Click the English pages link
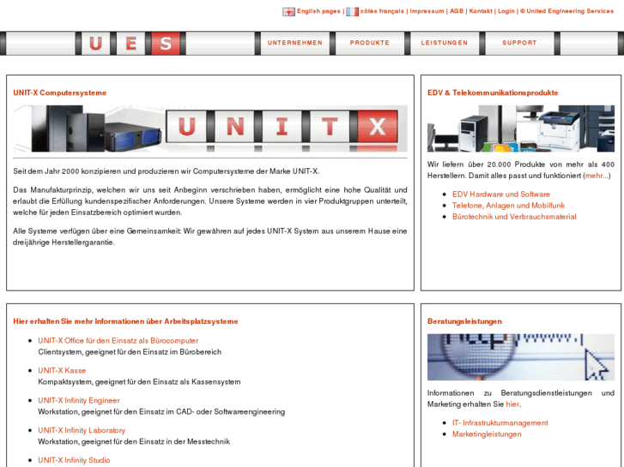coord(318,11)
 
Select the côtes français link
coord(382,11)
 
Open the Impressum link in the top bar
coord(427,11)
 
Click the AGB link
coord(456,11)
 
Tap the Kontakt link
coord(481,11)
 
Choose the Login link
coord(506,11)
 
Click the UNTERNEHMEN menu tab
coord(294,43)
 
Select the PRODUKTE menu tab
coord(369,43)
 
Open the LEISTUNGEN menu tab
coord(444,43)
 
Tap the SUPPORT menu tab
coord(519,43)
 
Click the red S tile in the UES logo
coord(167,44)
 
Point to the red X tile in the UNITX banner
coord(376,129)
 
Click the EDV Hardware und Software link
coord(501,195)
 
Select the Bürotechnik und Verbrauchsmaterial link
coord(514,217)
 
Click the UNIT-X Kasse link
coord(62,370)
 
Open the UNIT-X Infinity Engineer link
coord(79,400)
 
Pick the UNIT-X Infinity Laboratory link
coord(82,430)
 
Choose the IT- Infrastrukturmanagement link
coord(500,422)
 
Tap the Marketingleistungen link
coord(487,434)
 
